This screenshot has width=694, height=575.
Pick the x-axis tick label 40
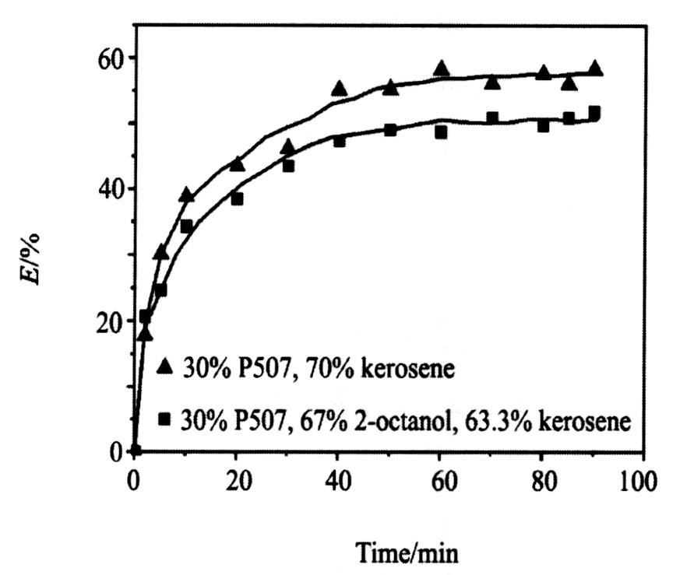(338, 475)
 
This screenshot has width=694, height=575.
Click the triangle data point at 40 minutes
(339, 89)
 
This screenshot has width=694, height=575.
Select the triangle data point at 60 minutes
(441, 68)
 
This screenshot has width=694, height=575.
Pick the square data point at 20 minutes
(237, 198)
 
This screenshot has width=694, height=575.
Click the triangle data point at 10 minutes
(186, 195)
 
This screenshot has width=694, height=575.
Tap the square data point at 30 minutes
(288, 166)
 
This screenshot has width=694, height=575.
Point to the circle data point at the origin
(135, 451)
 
